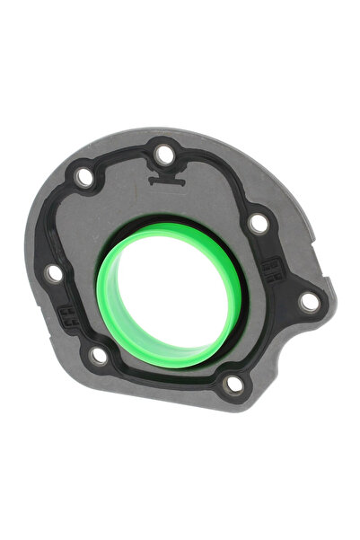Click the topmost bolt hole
(164, 154)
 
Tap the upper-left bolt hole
(84, 177)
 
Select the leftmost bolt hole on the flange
(54, 271)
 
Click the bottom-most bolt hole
(233, 385)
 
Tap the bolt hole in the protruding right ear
(308, 302)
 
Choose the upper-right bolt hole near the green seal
(258, 223)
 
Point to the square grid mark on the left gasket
(66, 314)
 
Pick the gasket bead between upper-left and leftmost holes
(60, 225)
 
